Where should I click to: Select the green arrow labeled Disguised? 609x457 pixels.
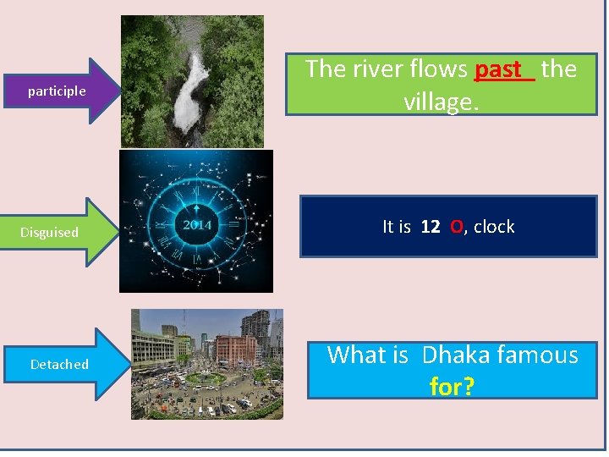point(59,232)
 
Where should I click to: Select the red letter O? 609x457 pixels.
point(457,227)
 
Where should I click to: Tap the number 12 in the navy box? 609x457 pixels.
point(430,227)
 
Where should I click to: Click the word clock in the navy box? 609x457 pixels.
point(494,227)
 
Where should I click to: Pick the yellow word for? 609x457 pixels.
point(452,387)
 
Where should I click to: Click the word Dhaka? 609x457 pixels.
point(461,355)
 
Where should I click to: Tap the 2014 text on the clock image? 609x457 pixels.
point(197,225)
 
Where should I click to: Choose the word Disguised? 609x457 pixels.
point(50,233)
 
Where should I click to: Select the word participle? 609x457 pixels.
point(57,91)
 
